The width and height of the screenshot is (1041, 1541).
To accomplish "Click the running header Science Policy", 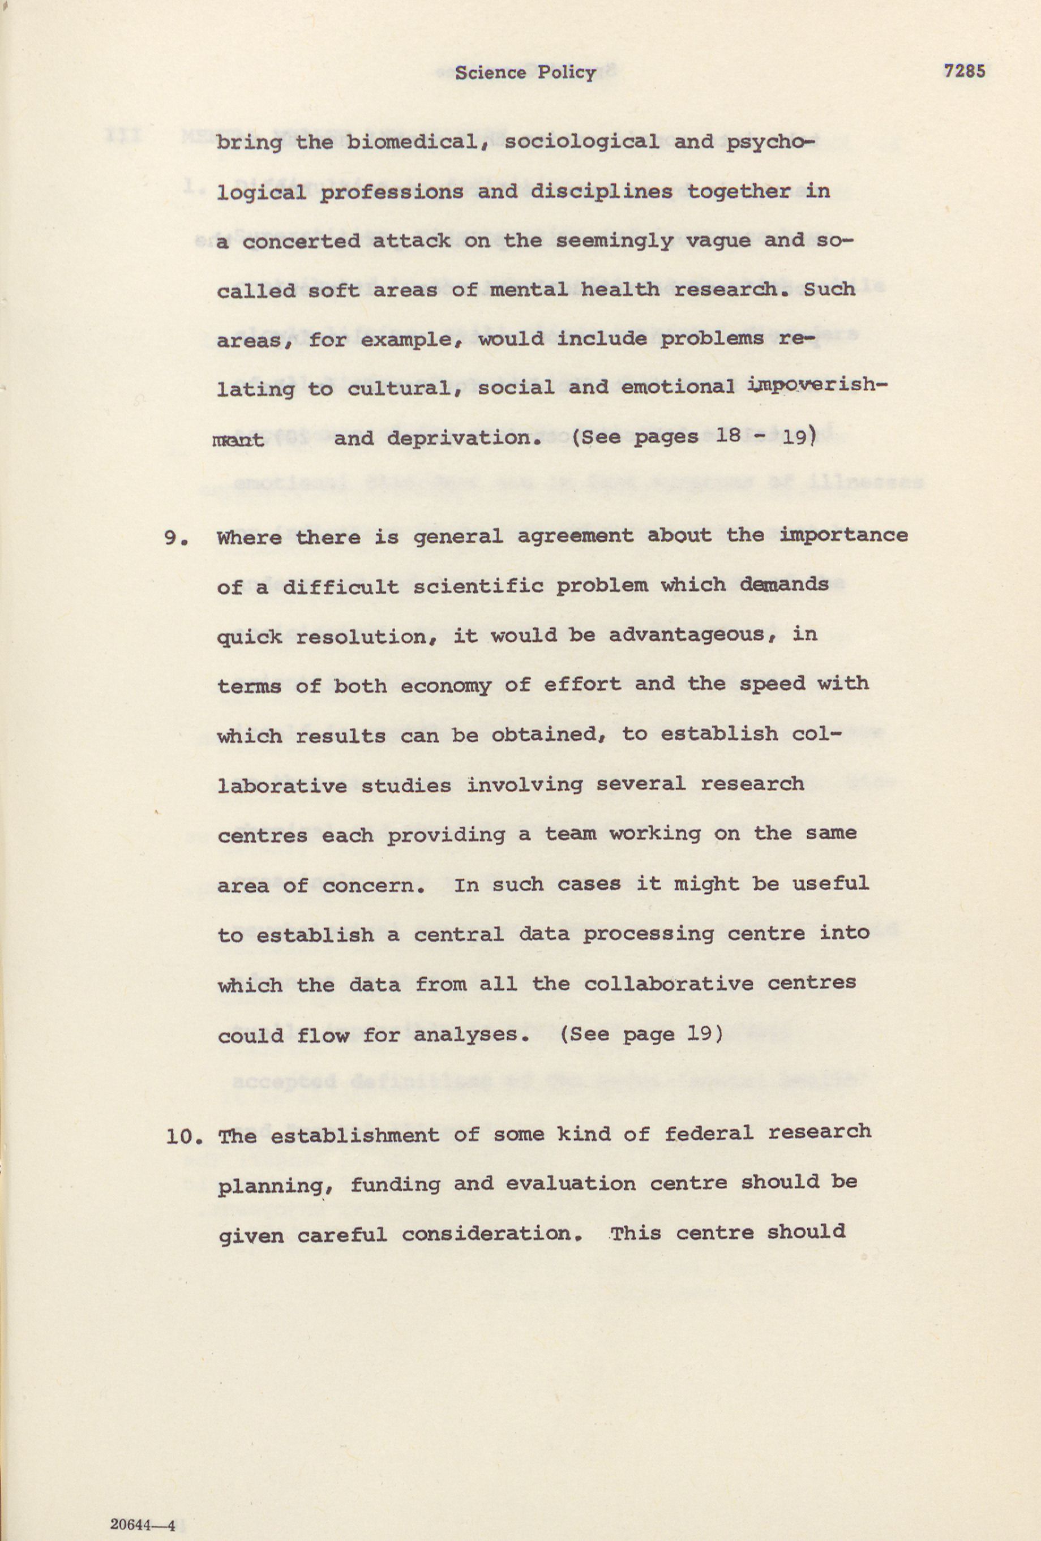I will point(525,72).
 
